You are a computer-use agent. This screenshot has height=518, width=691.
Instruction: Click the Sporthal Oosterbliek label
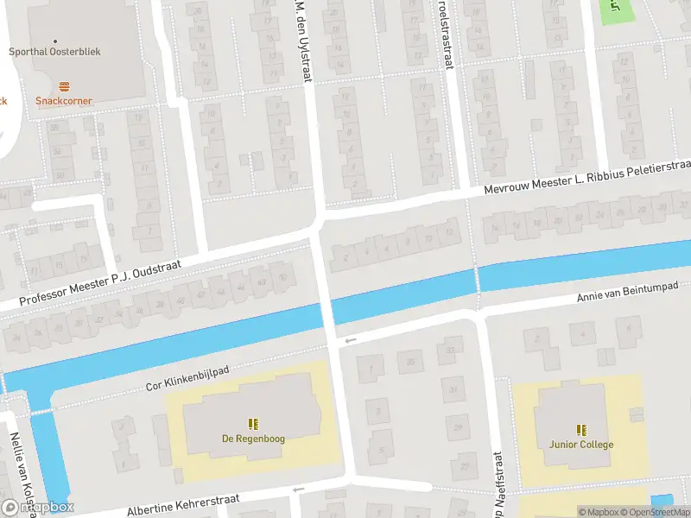(x=54, y=52)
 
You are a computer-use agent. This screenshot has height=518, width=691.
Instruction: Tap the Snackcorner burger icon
(x=64, y=86)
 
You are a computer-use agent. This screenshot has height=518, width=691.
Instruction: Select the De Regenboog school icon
(x=253, y=424)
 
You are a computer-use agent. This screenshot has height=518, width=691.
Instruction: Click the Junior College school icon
(x=581, y=430)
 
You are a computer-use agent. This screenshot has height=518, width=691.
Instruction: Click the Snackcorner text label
(x=64, y=101)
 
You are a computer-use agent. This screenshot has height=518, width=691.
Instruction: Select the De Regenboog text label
(x=253, y=439)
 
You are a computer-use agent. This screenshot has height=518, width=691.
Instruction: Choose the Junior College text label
(x=581, y=445)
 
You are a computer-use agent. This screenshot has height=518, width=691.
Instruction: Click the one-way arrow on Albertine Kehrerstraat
(x=298, y=490)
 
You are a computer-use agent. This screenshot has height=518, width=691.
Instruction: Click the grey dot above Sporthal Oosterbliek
(x=55, y=40)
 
